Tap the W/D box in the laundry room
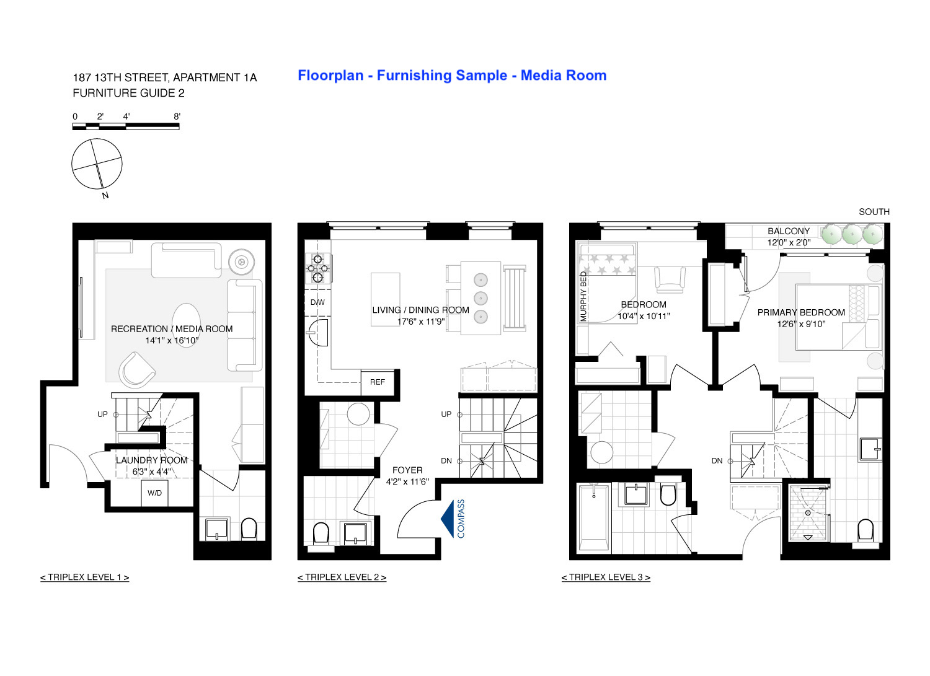pos(154,493)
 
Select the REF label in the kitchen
pos(377,382)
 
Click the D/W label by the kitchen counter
pos(317,302)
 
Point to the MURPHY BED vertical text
pos(583,297)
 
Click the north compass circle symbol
pos(97,164)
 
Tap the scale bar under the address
pos(126,126)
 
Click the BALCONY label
pos(789,231)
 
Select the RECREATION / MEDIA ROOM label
pos(172,329)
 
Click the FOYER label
pos(407,470)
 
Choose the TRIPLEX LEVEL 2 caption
pos(342,577)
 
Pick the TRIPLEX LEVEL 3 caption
pos(606,577)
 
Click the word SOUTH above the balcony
pos(874,212)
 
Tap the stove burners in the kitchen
pos(317,268)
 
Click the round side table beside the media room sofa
pos(241,262)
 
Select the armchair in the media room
pos(136,370)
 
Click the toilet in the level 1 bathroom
pos(248,529)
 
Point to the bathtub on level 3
pos(593,518)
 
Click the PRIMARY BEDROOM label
pos(801,313)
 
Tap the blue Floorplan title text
pos(451,76)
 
